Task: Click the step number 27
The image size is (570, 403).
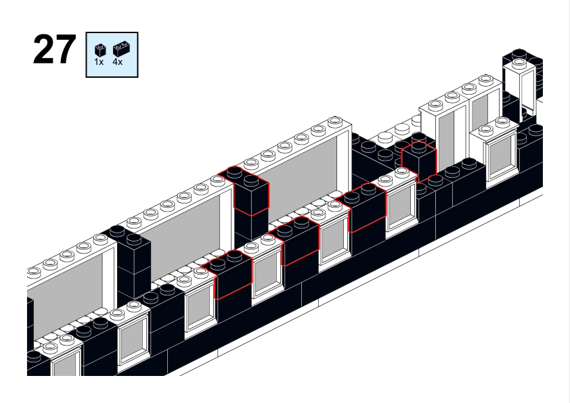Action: tap(55, 49)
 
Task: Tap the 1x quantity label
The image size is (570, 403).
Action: tap(99, 62)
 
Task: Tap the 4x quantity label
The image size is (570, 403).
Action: tap(117, 62)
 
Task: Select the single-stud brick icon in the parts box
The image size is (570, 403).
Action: tap(100, 50)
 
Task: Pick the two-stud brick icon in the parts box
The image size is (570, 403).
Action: tap(121, 49)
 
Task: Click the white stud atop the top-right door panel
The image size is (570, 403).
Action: tap(519, 64)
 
